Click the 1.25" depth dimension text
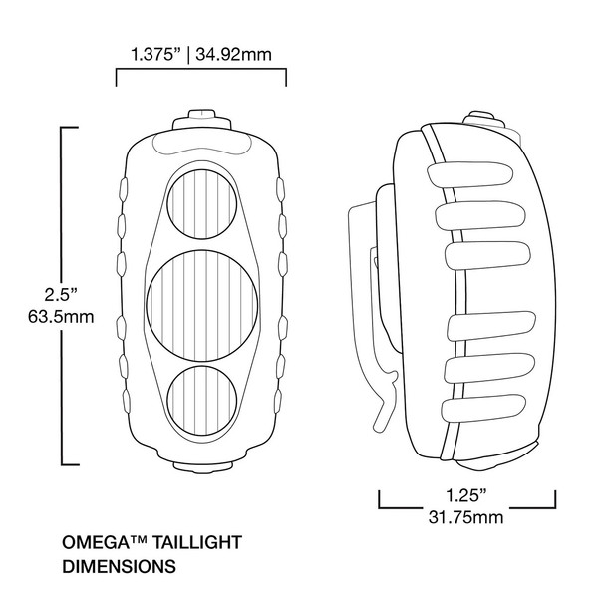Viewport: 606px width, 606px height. pos(466,493)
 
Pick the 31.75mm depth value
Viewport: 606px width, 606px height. pos(467,516)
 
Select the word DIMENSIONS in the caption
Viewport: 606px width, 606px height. pos(120,566)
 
